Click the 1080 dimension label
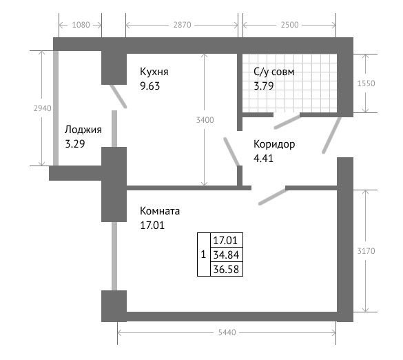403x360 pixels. [81, 25]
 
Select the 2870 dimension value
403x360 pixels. [183, 25]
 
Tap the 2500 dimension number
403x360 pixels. [289, 25]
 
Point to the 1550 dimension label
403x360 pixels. [366, 83]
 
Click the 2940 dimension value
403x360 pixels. [43, 108]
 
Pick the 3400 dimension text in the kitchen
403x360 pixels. [205, 120]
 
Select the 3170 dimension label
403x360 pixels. [366, 251]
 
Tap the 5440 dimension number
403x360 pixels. [227, 332]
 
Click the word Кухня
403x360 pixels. [154, 72]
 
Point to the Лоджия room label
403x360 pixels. [83, 130]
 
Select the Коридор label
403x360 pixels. [274, 144]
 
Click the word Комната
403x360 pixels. [160, 211]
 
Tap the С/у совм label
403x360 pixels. [273, 72]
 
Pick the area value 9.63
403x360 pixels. [149, 86]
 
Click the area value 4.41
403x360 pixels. [263, 158]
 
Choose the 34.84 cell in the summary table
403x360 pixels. [226, 254]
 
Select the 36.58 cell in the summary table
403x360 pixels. [226, 269]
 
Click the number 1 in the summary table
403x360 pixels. [203, 254]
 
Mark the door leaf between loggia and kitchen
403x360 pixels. [118, 97]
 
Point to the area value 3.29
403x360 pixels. [75, 144]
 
